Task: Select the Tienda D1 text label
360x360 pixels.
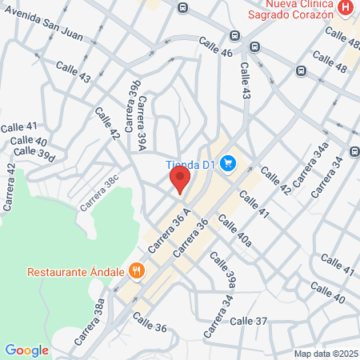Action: (192, 166)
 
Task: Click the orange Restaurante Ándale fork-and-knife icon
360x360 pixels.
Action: (137, 270)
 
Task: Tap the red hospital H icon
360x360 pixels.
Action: (346, 9)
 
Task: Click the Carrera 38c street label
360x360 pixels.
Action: (98, 193)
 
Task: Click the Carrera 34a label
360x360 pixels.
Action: (311, 165)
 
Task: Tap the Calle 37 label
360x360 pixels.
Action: (248, 321)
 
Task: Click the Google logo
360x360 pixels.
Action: (26, 350)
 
